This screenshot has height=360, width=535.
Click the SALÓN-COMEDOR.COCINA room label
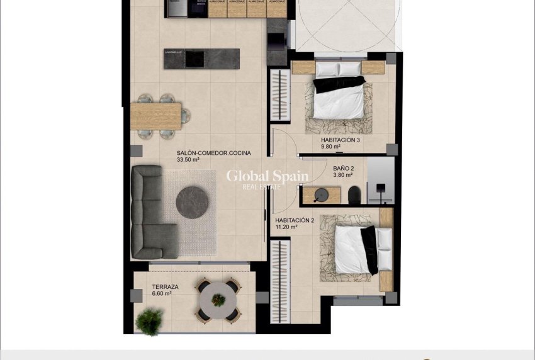click(x=213, y=153)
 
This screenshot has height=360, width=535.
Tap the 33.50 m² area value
click(x=188, y=160)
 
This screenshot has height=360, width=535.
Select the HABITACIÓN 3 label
click(x=341, y=140)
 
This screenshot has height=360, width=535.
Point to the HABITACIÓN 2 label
click(x=295, y=220)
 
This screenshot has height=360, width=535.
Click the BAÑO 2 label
click(x=344, y=169)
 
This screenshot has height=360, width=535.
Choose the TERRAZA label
click(x=165, y=287)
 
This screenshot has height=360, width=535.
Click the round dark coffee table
click(x=193, y=202)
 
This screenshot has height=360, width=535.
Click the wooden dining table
click(x=160, y=116)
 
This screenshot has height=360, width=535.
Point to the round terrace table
click(x=217, y=300)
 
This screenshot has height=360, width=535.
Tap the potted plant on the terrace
click(x=149, y=322)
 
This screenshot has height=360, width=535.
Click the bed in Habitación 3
click(x=338, y=98)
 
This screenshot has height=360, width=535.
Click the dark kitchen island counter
click(x=201, y=58)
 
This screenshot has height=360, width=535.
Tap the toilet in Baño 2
click(x=354, y=194)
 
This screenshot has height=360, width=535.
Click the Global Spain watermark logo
click(x=267, y=179)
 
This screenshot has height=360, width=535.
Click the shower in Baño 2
click(x=380, y=181)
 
